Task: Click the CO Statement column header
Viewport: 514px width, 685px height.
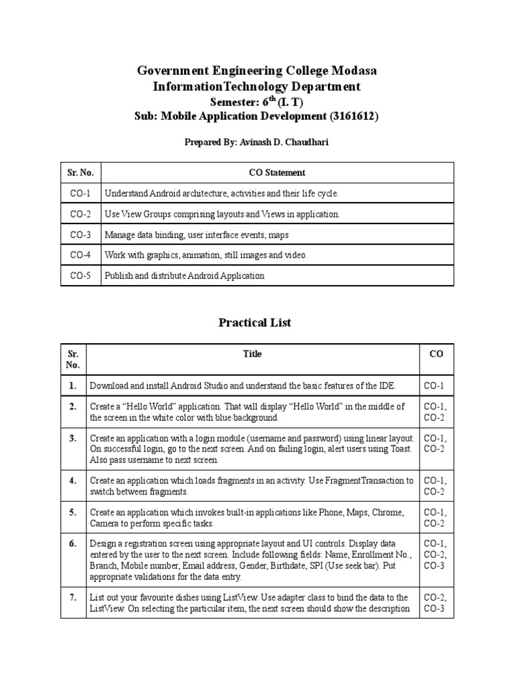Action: coord(276,173)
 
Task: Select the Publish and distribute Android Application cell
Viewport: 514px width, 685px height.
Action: coord(184,276)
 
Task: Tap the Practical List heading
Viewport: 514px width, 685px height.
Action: coord(255,322)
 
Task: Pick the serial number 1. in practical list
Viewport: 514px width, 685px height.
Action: coord(72,386)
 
